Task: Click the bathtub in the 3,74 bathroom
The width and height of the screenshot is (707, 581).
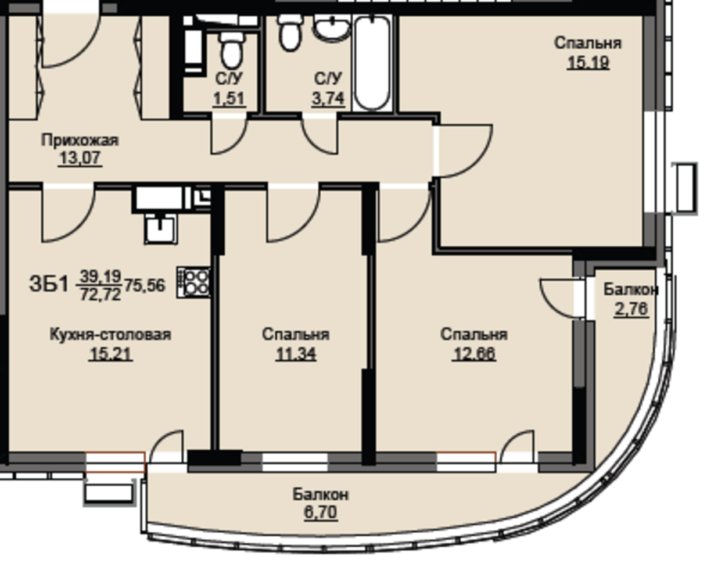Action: click(x=372, y=63)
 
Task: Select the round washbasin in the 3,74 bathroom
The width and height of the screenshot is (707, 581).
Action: click(x=332, y=28)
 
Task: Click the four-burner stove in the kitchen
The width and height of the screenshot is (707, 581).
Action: click(x=194, y=282)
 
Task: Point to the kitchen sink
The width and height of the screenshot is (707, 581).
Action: click(x=161, y=229)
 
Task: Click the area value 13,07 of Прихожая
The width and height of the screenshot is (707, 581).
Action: click(x=80, y=157)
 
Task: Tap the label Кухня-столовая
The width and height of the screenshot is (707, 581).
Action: click(x=110, y=335)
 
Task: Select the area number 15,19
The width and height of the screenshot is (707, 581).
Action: click(x=588, y=62)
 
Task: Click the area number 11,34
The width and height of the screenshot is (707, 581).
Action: click(x=296, y=354)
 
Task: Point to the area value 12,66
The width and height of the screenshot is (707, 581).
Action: click(x=473, y=354)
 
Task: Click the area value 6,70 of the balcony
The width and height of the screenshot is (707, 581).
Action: click(x=321, y=512)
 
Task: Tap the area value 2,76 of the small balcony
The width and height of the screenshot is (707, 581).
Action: click(x=631, y=309)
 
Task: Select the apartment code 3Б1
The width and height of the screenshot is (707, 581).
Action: click(x=49, y=284)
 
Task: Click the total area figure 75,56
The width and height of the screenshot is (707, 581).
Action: click(x=145, y=286)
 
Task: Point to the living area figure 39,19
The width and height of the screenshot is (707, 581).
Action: click(x=101, y=276)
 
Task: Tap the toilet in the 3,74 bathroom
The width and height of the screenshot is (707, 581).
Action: click(x=290, y=33)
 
